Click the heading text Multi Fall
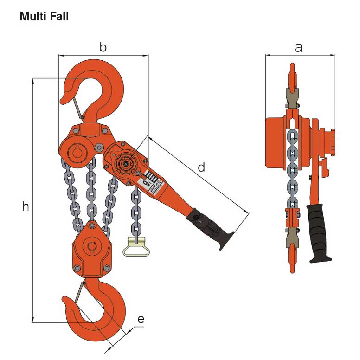[44, 17]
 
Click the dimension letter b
[103, 47]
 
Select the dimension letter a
[299, 47]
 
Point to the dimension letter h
[26, 207]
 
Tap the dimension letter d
[201, 167]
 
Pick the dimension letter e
[141, 319]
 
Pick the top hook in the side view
[292, 79]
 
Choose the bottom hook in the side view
[292, 257]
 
